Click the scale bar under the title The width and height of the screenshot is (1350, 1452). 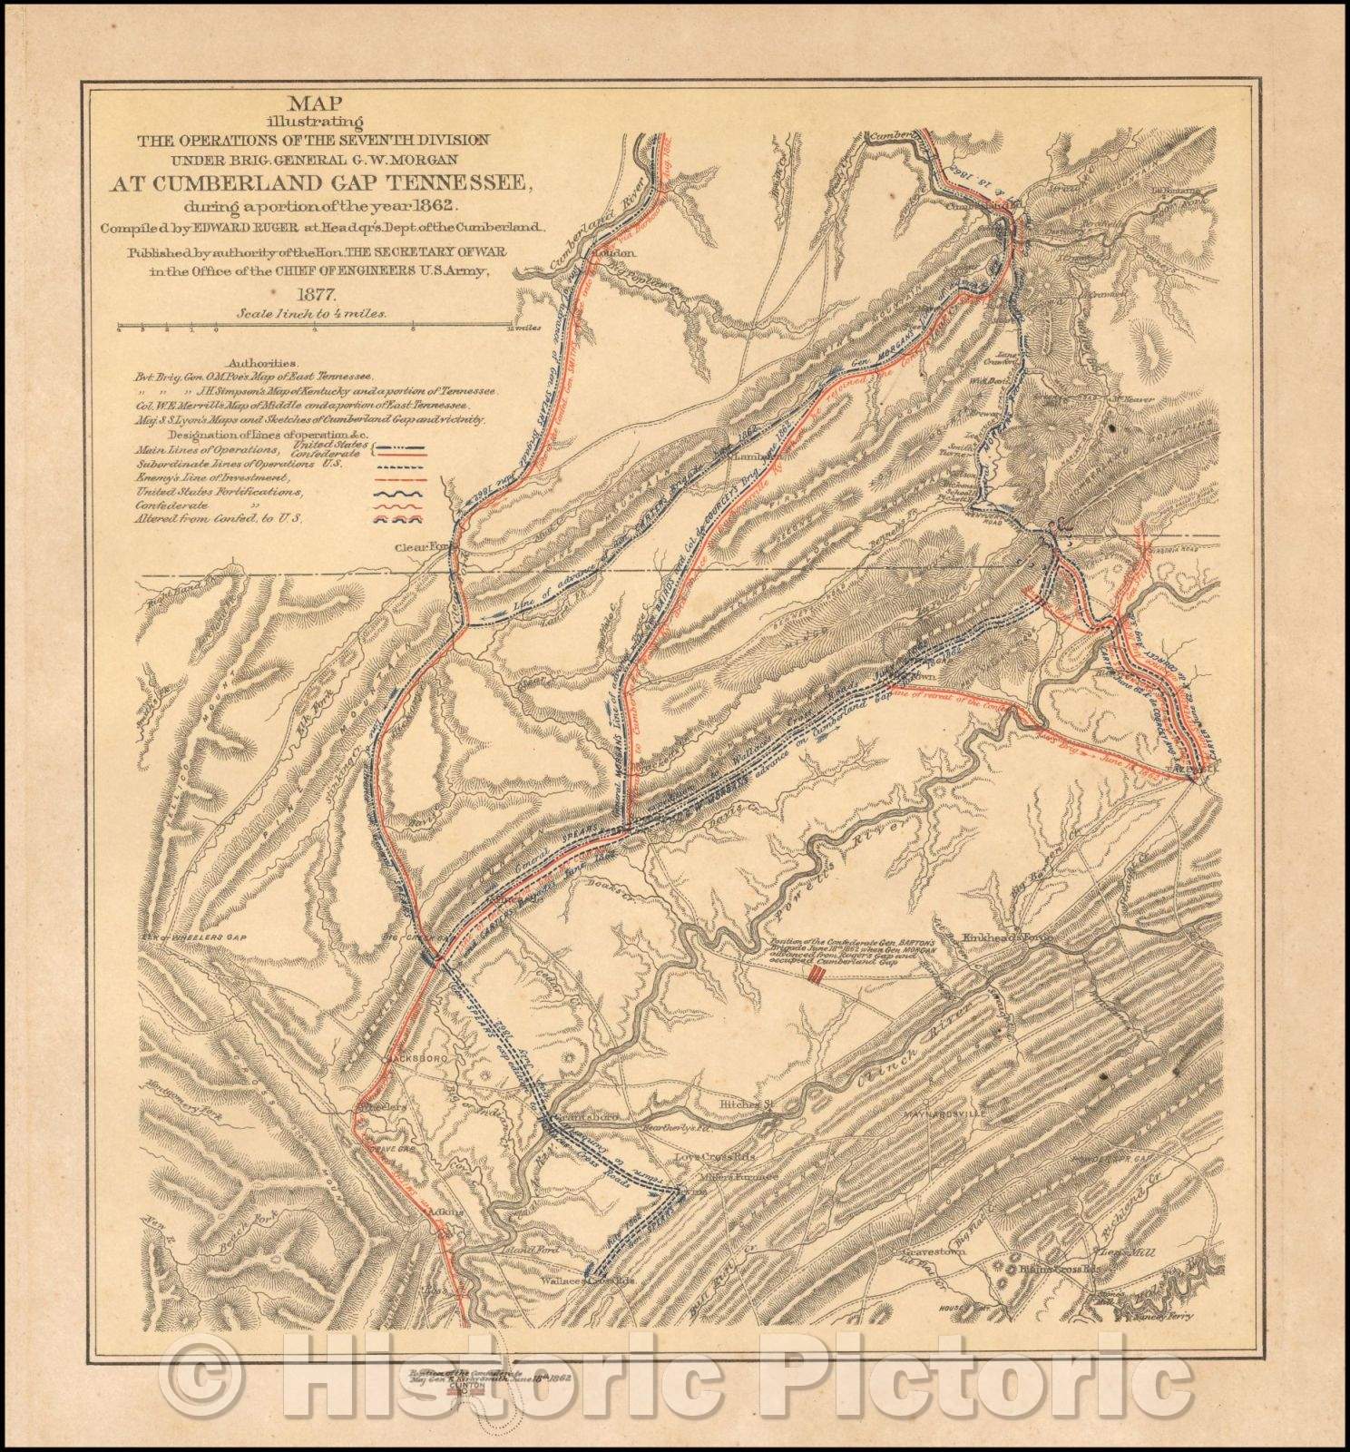tap(318, 326)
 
